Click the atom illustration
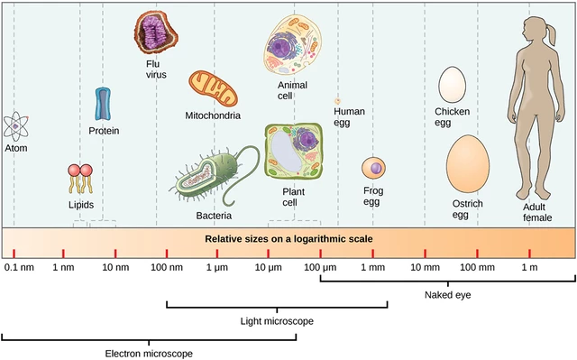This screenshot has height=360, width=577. (14, 125)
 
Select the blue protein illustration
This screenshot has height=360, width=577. (104, 105)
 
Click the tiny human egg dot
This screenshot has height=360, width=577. (338, 102)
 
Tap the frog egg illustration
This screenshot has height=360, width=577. (373, 168)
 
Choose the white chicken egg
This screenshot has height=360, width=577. (451, 86)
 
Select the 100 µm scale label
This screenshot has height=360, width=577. (320, 268)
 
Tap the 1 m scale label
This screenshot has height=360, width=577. (529, 268)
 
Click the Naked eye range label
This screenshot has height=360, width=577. (447, 295)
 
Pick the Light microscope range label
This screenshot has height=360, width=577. (276, 321)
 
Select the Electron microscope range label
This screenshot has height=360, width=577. (149, 353)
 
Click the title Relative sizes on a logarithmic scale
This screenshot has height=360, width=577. (288, 239)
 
